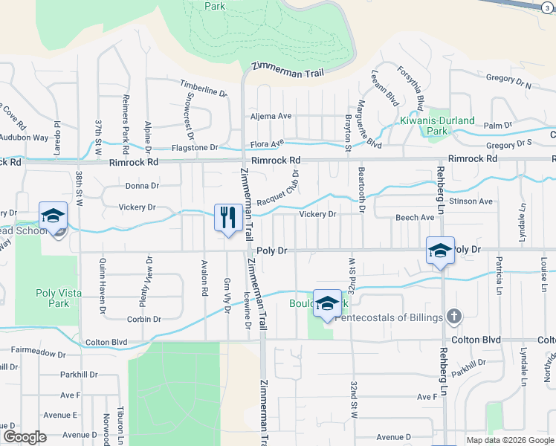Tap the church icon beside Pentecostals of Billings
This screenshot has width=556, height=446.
point(453,317)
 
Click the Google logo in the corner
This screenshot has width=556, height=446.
point(25,437)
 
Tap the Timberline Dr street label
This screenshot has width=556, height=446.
point(203,91)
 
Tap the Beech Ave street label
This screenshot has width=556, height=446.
point(415,218)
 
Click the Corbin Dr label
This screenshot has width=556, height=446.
point(144,319)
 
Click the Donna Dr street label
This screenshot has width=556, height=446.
point(142,186)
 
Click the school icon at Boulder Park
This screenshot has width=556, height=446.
point(326,304)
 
